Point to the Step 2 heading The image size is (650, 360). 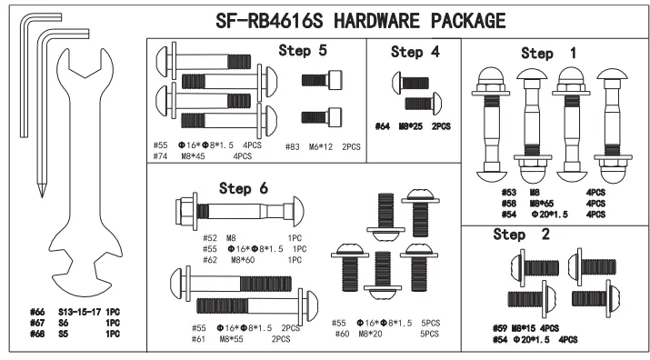pos(522,235)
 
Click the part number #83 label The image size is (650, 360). pos(292,146)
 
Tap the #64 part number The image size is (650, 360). pos(383,126)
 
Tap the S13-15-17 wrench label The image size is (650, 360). pos(78,312)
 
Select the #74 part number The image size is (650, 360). pos(160,156)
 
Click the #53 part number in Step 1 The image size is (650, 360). pos(509,192)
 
